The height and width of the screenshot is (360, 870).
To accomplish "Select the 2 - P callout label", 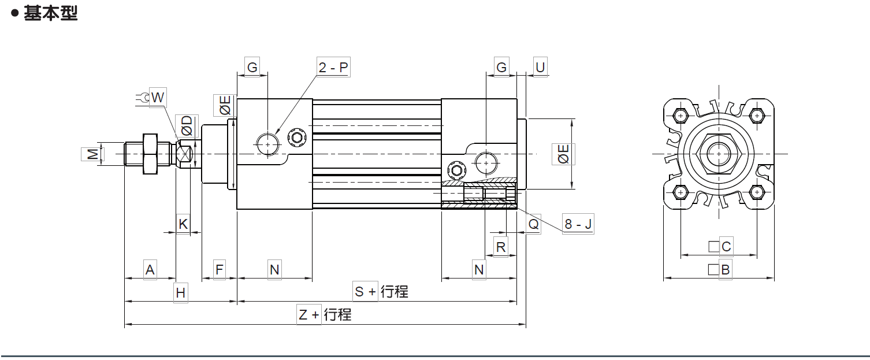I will pyautogui.click(x=333, y=68).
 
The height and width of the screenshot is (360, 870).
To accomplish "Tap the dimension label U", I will pyautogui.click(x=540, y=68).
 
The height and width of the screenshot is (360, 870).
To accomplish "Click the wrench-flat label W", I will pyautogui.click(x=157, y=98).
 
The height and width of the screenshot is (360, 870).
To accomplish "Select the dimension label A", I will pyautogui.click(x=150, y=270).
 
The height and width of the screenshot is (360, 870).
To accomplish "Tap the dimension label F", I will pyautogui.click(x=219, y=270).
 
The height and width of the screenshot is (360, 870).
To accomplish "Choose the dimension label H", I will pyautogui.click(x=181, y=293).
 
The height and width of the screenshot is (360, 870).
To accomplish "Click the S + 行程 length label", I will pyautogui.click(x=381, y=292).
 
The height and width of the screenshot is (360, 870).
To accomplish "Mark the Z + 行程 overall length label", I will pyautogui.click(x=324, y=315).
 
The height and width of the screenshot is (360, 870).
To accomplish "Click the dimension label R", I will pyautogui.click(x=501, y=247).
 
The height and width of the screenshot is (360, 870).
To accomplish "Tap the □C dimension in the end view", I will pyautogui.click(x=720, y=247).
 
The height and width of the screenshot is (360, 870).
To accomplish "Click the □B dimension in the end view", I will pyautogui.click(x=720, y=269).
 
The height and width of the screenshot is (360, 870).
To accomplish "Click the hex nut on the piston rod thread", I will pyautogui.click(x=149, y=154).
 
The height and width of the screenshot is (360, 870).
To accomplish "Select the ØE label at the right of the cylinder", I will pyautogui.click(x=563, y=154).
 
